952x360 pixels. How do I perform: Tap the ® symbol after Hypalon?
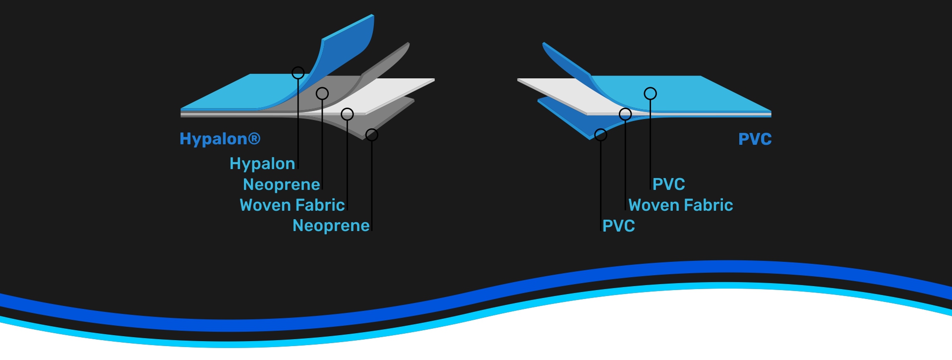click(x=254, y=138)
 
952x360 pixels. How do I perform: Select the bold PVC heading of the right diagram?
click(x=755, y=139)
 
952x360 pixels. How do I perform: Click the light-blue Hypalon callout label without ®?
click(x=262, y=164)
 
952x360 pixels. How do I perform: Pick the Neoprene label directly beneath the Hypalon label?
click(x=281, y=184)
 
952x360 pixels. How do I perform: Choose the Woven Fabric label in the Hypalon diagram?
click(x=292, y=205)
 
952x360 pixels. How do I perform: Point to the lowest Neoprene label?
click(x=331, y=226)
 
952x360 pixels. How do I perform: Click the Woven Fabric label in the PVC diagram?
click(x=680, y=205)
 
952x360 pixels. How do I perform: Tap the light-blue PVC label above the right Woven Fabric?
click(x=668, y=184)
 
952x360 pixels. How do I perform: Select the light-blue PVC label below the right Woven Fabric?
click(x=618, y=226)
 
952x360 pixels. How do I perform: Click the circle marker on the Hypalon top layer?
click(x=298, y=73)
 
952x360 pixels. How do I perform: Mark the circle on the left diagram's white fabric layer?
click(x=347, y=114)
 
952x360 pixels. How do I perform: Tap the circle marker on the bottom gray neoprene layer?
click(x=372, y=134)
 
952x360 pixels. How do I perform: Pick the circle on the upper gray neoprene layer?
click(x=322, y=93)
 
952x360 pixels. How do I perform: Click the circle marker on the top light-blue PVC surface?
click(x=650, y=93)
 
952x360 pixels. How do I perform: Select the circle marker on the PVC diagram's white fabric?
click(x=625, y=114)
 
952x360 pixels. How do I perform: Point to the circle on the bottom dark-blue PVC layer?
click(x=600, y=134)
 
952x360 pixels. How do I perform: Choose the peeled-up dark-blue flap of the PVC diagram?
click(x=565, y=62)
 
